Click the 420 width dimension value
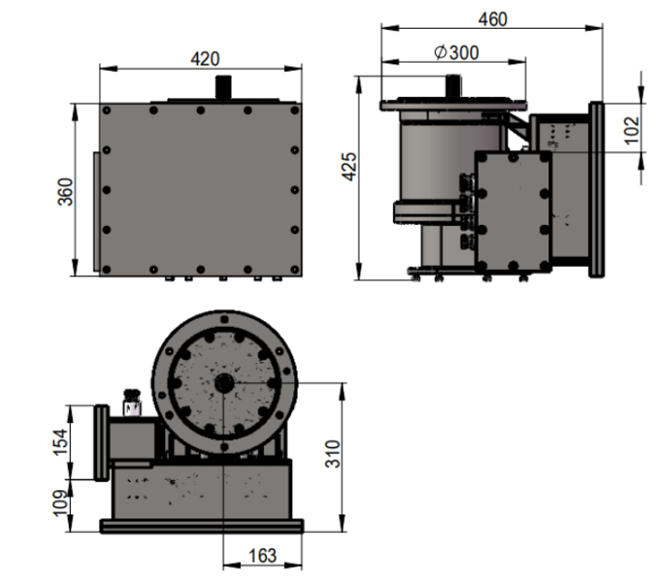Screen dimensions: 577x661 click(199, 58)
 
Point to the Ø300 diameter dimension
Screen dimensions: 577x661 click(456, 52)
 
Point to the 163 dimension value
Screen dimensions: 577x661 click(262, 556)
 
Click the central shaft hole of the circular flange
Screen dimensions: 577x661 click(224, 383)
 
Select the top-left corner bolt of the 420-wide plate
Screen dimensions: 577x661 click(109, 110)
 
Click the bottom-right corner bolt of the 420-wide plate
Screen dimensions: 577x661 click(293, 270)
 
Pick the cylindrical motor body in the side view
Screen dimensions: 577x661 click(434, 163)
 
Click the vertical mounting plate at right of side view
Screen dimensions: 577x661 click(596, 190)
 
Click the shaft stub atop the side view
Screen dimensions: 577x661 click(451, 85)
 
